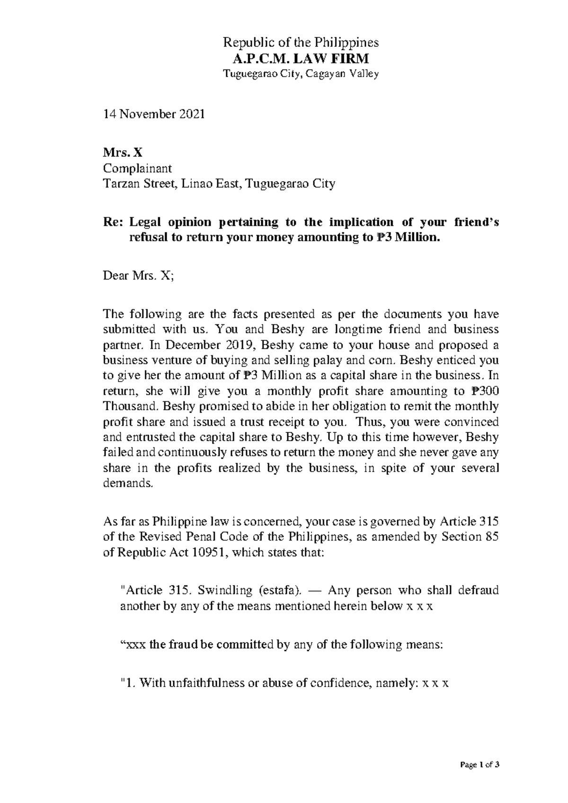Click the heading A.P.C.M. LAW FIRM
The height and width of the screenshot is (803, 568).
(x=301, y=59)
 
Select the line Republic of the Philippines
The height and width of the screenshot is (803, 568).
(x=301, y=43)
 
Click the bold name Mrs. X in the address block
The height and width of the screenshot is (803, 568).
(x=122, y=153)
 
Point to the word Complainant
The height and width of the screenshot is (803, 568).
(x=137, y=168)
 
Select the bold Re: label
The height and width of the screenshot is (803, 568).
(x=113, y=222)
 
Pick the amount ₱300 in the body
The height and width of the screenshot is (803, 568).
(x=485, y=391)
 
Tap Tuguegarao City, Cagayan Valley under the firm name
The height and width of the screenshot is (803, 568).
(x=301, y=74)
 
